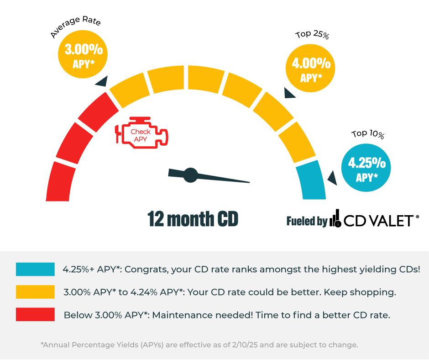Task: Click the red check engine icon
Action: (141, 133)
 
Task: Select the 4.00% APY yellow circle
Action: (310, 68)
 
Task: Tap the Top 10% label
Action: (368, 134)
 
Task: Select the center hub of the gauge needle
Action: (190, 175)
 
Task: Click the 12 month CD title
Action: (193, 219)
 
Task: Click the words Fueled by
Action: (307, 222)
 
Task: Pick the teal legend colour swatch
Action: (35, 269)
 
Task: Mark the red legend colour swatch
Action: (35, 315)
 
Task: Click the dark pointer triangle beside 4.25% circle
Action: (333, 178)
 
